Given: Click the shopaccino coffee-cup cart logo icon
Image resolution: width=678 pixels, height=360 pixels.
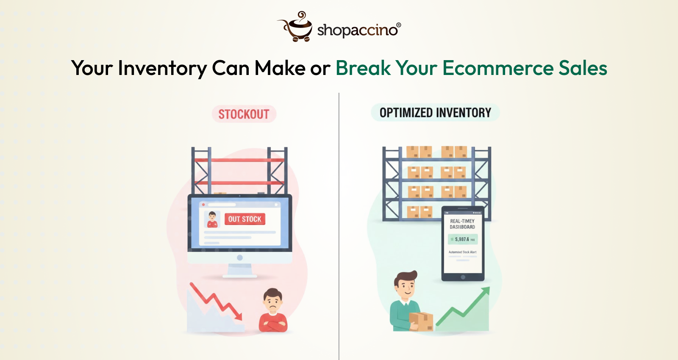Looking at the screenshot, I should point(296,27).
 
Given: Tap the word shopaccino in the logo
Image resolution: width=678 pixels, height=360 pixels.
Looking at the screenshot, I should point(357,30).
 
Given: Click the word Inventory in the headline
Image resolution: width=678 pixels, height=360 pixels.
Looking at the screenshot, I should point(162,68).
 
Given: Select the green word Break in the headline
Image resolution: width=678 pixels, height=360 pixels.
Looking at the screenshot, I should point(363,68).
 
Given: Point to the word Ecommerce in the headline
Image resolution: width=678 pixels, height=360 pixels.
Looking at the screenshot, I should point(498,68).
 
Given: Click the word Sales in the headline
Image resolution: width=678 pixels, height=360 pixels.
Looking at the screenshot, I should point(583,68).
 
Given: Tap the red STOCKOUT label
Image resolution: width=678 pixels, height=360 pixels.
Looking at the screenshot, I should point(244,114).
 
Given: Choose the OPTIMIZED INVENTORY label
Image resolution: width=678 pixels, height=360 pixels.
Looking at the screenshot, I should point(435,113).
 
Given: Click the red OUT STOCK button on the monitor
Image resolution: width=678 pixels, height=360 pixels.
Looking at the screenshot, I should point(245,219).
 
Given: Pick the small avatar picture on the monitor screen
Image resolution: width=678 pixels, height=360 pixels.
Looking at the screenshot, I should point(212,219).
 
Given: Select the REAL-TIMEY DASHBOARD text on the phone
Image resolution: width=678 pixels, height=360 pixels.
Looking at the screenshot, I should point(462,224).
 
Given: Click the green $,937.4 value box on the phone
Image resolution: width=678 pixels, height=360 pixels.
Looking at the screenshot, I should point(463,239).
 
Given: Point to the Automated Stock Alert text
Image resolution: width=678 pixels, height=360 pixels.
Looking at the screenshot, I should point(462,252).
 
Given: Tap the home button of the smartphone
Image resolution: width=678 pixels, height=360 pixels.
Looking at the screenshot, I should point(463,277).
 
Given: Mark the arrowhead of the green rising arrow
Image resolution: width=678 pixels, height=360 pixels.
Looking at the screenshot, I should point(486,290).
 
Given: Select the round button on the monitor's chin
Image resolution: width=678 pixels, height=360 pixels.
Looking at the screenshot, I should point(240,258).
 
